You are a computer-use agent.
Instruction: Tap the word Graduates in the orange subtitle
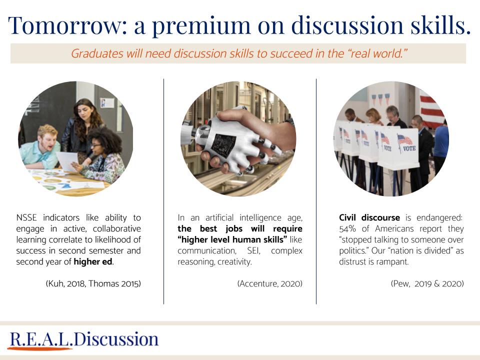click(x=97, y=53)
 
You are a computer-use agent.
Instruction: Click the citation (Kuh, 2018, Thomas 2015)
click(x=93, y=283)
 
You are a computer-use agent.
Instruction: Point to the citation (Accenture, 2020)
click(x=269, y=283)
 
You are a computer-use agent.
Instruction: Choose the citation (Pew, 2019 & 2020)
click(x=427, y=283)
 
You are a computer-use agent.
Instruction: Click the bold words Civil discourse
click(x=369, y=217)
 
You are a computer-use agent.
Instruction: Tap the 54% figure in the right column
click(x=347, y=228)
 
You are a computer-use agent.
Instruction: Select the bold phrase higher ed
click(x=93, y=261)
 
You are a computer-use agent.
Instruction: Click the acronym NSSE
click(x=26, y=217)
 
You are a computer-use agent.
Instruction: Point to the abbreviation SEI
click(x=253, y=250)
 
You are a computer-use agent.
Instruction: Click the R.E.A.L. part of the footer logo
click(x=41, y=339)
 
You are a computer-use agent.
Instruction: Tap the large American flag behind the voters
click(x=431, y=110)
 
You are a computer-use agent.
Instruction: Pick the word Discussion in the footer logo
click(x=116, y=339)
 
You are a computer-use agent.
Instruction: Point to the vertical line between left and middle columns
click(x=164, y=191)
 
